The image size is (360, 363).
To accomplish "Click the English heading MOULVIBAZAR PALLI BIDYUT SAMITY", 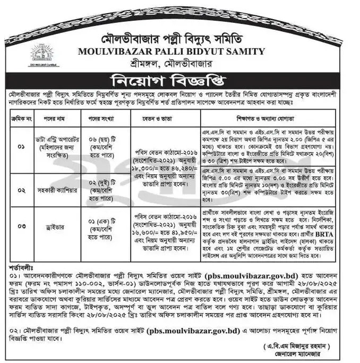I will (x=170, y=52).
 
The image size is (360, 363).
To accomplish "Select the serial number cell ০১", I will (x=22, y=146).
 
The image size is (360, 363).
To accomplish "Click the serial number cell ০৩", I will (x=22, y=226).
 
